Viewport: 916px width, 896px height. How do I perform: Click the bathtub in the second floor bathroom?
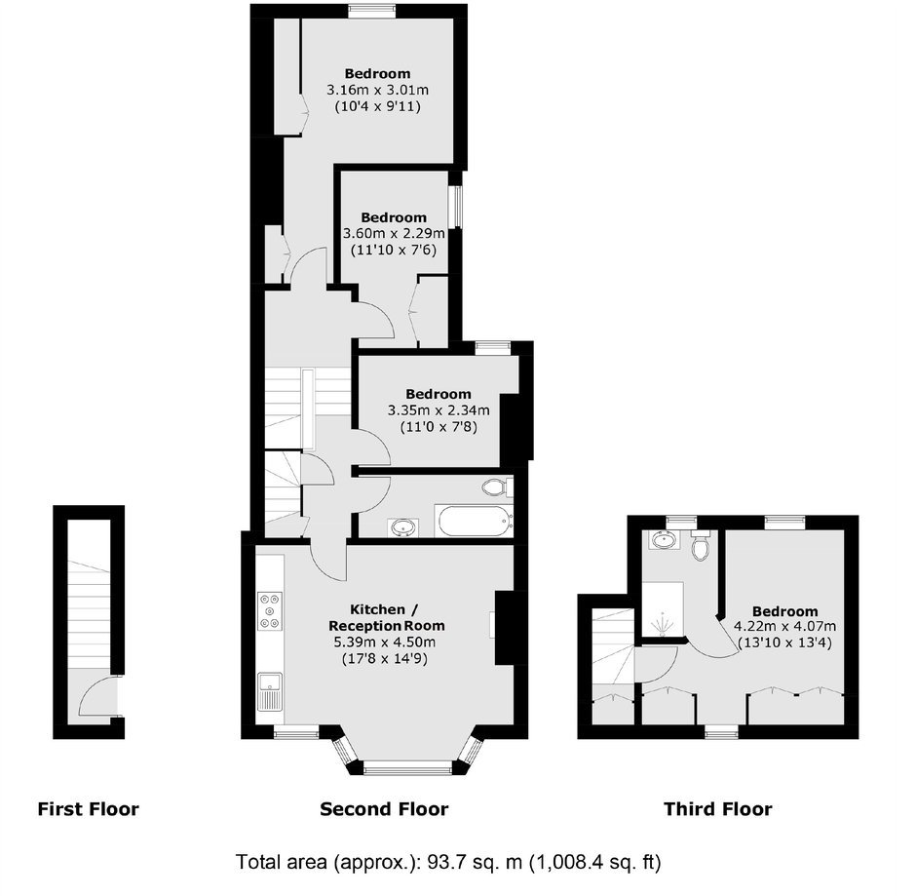click(475, 521)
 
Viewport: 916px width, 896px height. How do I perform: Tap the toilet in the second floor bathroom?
click(498, 487)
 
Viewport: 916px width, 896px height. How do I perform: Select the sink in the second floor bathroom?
click(402, 527)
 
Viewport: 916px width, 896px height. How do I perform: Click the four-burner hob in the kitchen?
click(270, 611)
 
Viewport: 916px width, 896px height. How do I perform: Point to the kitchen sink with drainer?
click(270, 691)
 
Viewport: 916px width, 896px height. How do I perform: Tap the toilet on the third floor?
click(700, 546)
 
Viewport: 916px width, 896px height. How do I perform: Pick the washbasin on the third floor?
click(665, 540)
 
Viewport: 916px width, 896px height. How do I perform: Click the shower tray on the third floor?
click(663, 609)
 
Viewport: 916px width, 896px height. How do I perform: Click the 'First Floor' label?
click(89, 809)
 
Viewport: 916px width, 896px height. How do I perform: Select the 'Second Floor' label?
click(384, 809)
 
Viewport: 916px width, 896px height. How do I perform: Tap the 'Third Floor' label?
click(718, 809)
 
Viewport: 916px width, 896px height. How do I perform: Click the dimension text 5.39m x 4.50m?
click(384, 643)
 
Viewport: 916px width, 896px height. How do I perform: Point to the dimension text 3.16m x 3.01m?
click(377, 90)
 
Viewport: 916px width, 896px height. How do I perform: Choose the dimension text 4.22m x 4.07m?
click(784, 627)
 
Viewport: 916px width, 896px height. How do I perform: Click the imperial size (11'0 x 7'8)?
click(439, 427)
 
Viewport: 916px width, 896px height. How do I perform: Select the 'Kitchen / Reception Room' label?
click(386, 618)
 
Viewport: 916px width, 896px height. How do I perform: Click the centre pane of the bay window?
click(407, 767)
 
